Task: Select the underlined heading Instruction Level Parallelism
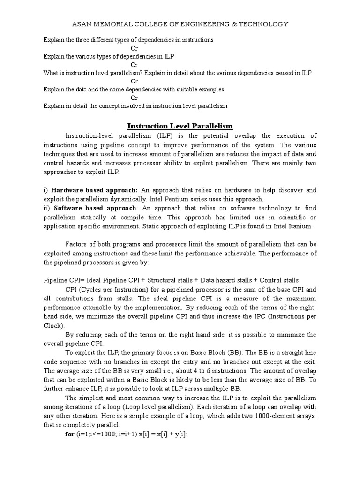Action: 180,126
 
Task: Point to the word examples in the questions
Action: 209,90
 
